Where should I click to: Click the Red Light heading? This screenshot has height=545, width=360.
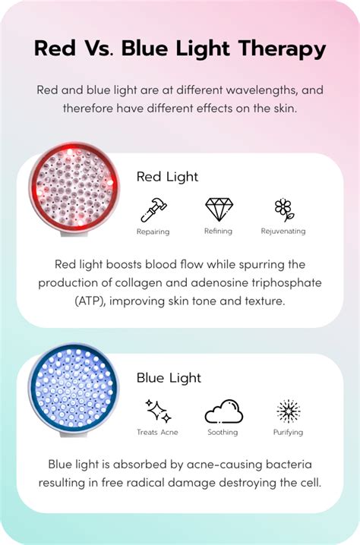167,177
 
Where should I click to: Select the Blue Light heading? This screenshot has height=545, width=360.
168,377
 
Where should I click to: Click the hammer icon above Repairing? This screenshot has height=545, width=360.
153,209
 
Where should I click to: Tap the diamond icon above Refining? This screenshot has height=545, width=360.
217,209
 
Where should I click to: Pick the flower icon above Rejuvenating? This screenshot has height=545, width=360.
283,209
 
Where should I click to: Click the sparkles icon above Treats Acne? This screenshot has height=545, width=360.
157,411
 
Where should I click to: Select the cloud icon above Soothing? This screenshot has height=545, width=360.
223,411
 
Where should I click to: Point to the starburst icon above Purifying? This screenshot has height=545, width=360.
288,411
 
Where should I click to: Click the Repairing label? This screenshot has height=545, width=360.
153,232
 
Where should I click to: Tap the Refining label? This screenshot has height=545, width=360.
217,232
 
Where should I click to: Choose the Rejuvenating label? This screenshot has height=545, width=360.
283,232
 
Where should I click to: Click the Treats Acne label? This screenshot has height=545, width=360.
157,433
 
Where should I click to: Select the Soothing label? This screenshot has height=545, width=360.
223,433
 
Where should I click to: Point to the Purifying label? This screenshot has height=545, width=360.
288,433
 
